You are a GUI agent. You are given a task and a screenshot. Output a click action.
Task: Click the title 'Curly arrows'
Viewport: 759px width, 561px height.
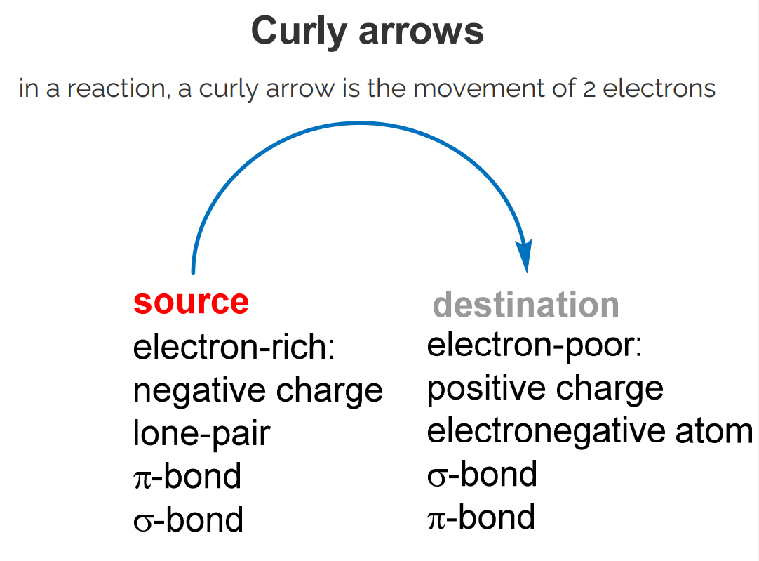[x=367, y=32]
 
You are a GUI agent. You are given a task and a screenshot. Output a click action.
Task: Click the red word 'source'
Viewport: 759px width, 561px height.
[x=191, y=302]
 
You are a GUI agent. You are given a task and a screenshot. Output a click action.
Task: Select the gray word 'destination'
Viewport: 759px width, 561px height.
[x=525, y=305]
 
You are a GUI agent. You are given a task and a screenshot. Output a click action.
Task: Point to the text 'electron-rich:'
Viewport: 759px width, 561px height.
[x=234, y=348]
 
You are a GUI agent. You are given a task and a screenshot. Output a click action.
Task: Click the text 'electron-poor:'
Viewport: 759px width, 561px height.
[x=535, y=345]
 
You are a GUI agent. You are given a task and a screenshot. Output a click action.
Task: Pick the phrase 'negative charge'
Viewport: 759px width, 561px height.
[x=257, y=390]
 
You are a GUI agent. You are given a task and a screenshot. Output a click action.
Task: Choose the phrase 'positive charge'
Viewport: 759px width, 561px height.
[x=545, y=388]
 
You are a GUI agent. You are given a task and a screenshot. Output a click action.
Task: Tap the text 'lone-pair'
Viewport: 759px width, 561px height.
[x=201, y=433]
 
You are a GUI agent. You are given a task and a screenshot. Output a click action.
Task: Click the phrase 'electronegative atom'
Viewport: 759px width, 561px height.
[x=589, y=431]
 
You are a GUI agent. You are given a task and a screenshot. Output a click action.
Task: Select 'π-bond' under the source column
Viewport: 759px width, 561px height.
[x=187, y=476]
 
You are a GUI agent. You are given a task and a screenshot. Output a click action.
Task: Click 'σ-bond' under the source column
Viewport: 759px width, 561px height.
[x=188, y=519]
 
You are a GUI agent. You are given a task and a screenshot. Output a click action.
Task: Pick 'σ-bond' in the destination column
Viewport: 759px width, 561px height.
[x=482, y=474]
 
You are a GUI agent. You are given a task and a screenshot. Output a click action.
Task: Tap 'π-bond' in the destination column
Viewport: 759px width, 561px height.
[x=481, y=517]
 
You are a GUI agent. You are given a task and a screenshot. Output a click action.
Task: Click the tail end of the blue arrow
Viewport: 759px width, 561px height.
[x=193, y=270]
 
